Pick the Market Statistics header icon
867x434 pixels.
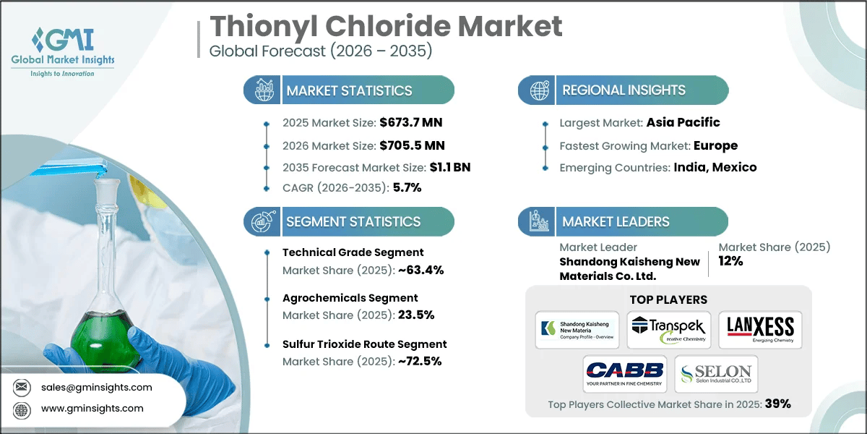[x=262, y=90]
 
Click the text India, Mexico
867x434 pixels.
[x=716, y=167]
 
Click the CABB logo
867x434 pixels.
[x=624, y=373]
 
